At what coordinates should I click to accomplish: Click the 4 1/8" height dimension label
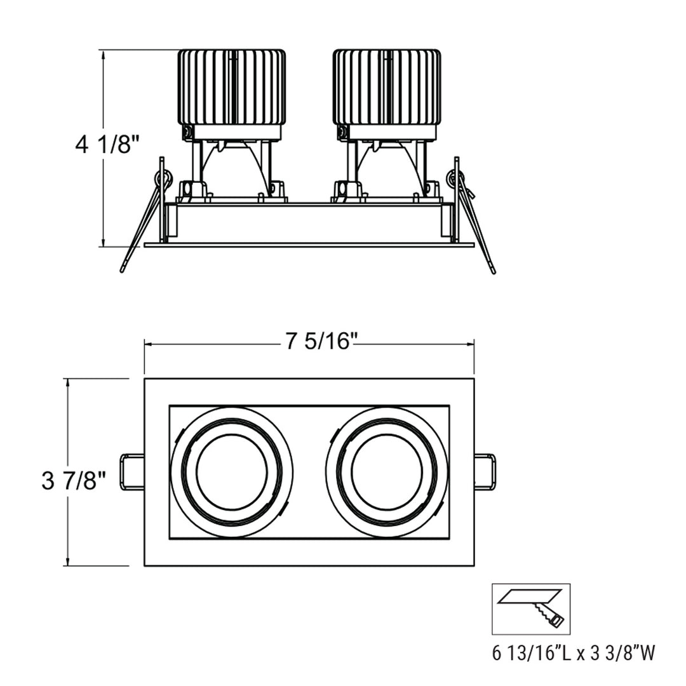pyautogui.click(x=107, y=145)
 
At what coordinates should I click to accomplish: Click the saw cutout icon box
pyautogui.click(x=531, y=609)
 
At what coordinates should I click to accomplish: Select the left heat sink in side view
pyautogui.click(x=232, y=87)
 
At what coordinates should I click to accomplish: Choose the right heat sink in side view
pyautogui.click(x=386, y=87)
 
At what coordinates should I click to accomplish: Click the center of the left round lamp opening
pyautogui.click(x=232, y=472)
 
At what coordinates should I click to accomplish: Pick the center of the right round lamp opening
pyautogui.click(x=387, y=472)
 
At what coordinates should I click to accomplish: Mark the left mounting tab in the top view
pyautogui.click(x=132, y=471)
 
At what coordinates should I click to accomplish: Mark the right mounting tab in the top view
pyautogui.click(x=485, y=471)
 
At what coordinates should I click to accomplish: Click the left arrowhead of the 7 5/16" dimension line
pyautogui.click(x=148, y=344)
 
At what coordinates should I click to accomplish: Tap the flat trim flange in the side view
pyautogui.click(x=309, y=245)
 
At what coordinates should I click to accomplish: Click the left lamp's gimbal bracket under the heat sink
pyautogui.click(x=232, y=168)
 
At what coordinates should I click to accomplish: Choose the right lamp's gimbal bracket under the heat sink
pyautogui.click(x=386, y=168)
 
